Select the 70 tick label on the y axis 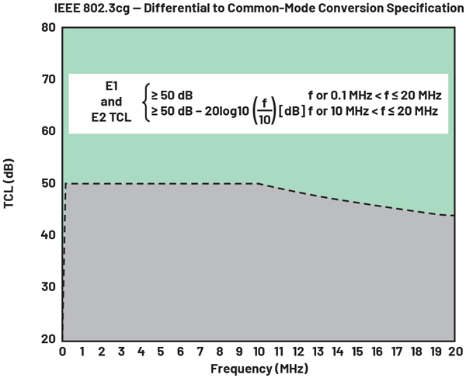click(x=49, y=80)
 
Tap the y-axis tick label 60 click(x=49, y=131)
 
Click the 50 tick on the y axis click(x=49, y=183)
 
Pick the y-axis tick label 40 click(x=49, y=235)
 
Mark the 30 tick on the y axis click(x=49, y=287)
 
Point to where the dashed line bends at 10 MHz click(x=258, y=184)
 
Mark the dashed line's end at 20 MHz click(x=453, y=216)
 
